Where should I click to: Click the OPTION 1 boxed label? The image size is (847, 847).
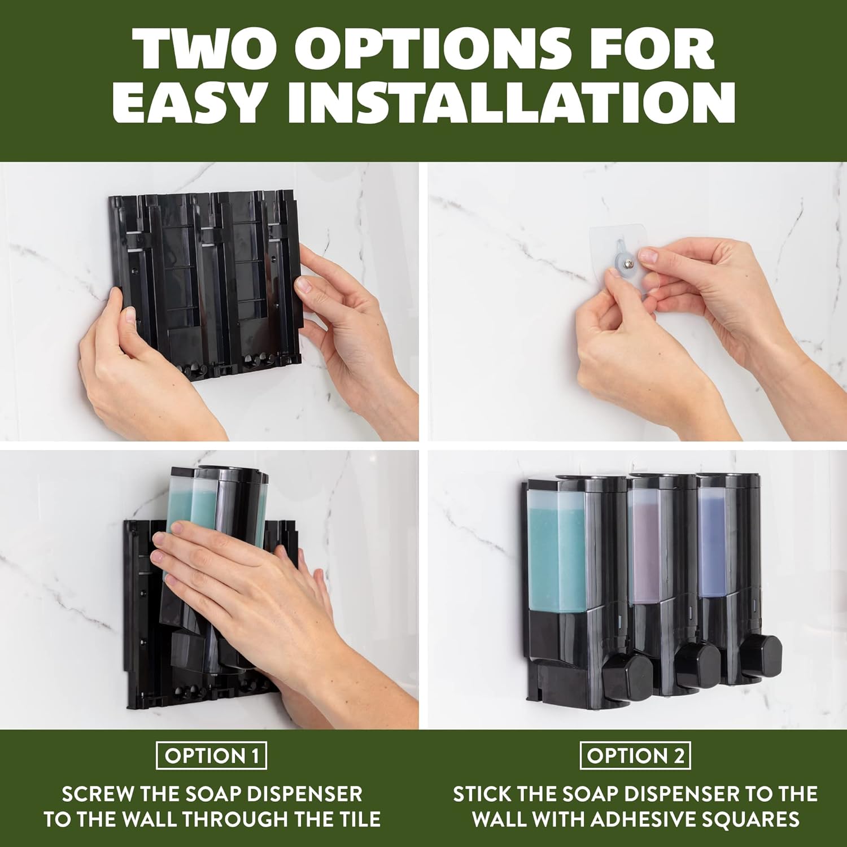click(211, 756)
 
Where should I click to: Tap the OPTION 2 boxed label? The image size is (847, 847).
click(635, 756)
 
